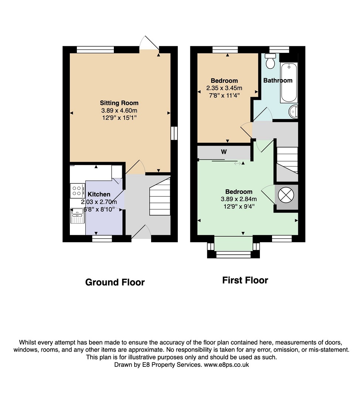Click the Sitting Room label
pos(119,103)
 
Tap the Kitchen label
pos(99,194)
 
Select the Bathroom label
pos(278,81)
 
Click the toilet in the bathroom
pos(271,61)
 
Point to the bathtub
pos(289,82)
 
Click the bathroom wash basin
pos(293,112)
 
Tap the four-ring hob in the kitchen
pos(77,191)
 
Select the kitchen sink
pos(77,216)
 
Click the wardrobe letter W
pos(224,152)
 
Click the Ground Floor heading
pos(115,282)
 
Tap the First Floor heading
pos(245,280)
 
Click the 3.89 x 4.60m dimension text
pos(119,110)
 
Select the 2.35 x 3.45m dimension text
pos(224,88)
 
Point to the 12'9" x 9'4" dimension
pos(239,206)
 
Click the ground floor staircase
pos(160,197)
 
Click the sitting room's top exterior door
pos(149,43)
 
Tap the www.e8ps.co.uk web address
pos(227,365)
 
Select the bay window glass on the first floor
pos(234,254)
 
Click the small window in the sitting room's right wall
pos(174,133)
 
